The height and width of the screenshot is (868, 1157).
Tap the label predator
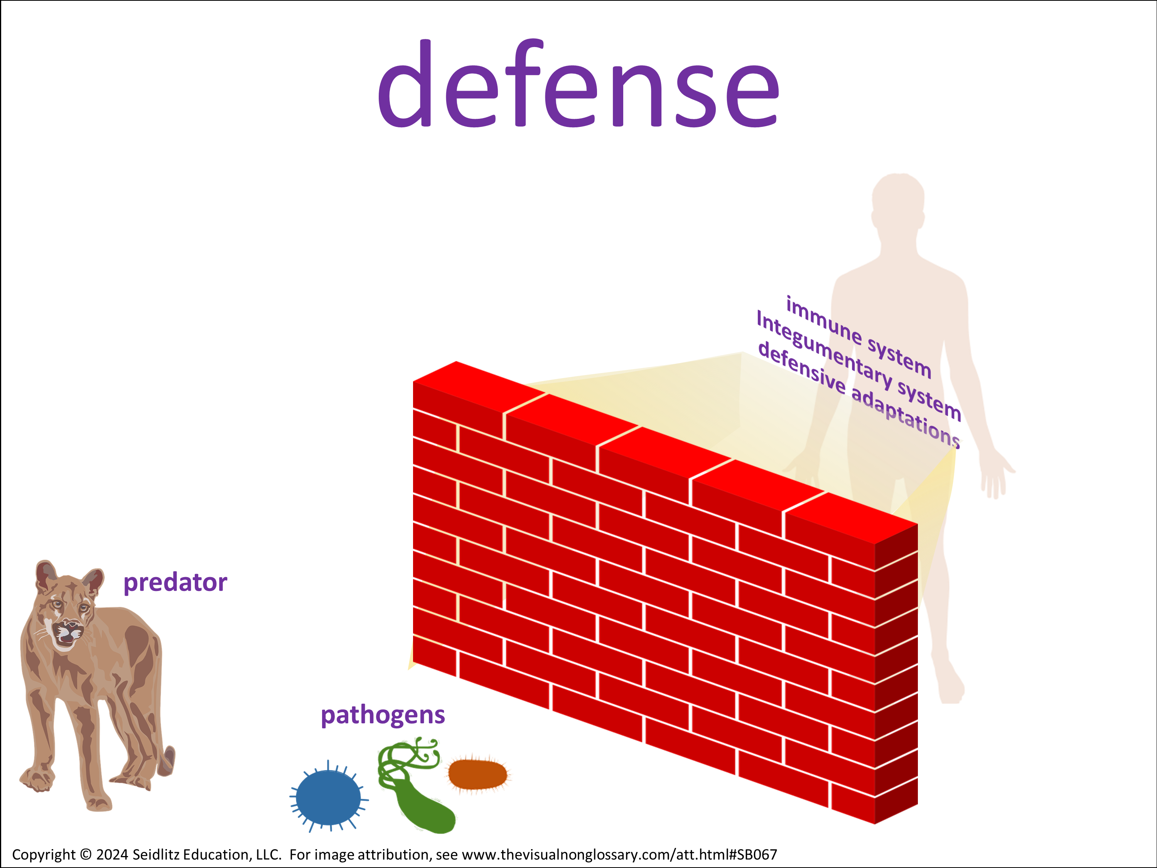tap(175, 582)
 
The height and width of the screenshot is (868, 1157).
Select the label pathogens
tap(383, 716)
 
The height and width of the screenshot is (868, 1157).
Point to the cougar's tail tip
tap(169, 761)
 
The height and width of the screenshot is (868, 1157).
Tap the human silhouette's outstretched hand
tap(997, 473)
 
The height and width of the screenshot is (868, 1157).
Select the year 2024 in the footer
tap(112, 854)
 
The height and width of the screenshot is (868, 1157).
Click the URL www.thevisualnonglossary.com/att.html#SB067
tap(619, 854)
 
